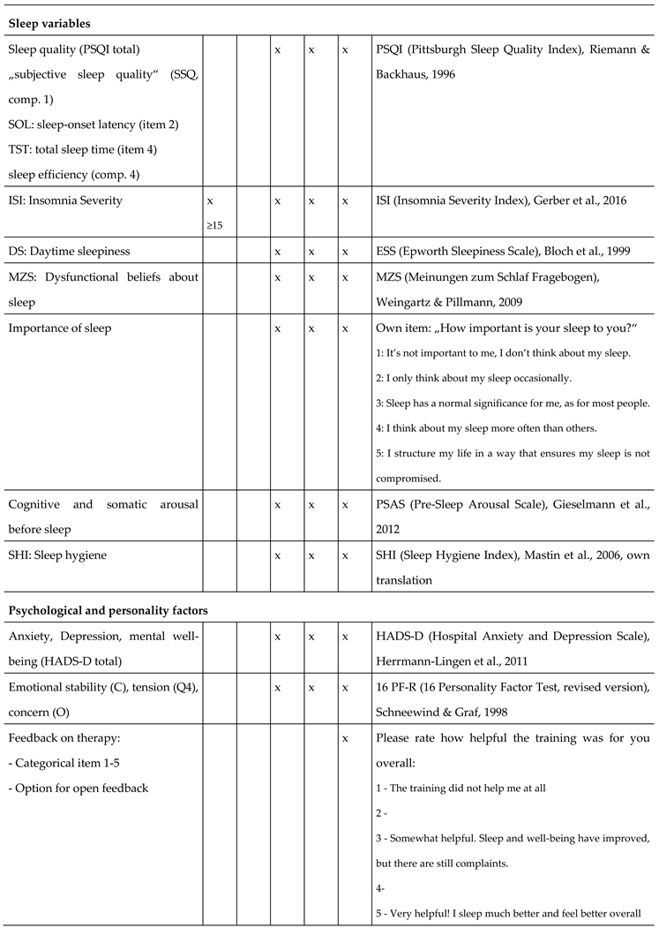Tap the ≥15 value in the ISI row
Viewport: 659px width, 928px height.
point(214,225)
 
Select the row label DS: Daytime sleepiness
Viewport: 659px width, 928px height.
point(69,252)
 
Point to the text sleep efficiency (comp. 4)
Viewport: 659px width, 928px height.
point(73,174)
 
